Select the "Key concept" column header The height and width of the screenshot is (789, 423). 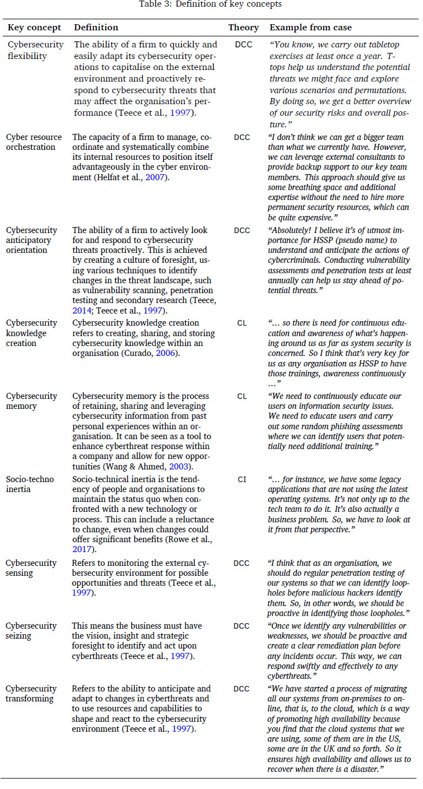click(34, 28)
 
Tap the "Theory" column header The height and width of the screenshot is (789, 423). click(243, 28)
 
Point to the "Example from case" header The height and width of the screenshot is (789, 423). click(310, 28)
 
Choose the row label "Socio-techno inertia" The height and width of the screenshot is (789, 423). click(30, 484)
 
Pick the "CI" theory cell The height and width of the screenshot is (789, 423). click(242, 479)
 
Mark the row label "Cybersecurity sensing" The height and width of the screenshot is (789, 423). click(31, 568)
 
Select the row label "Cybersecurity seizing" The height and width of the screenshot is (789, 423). click(31, 630)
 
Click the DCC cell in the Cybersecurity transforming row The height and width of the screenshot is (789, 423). click(242, 689)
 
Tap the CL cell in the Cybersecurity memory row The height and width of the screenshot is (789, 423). click(242, 396)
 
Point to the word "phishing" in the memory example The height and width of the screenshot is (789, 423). click(345, 426)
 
